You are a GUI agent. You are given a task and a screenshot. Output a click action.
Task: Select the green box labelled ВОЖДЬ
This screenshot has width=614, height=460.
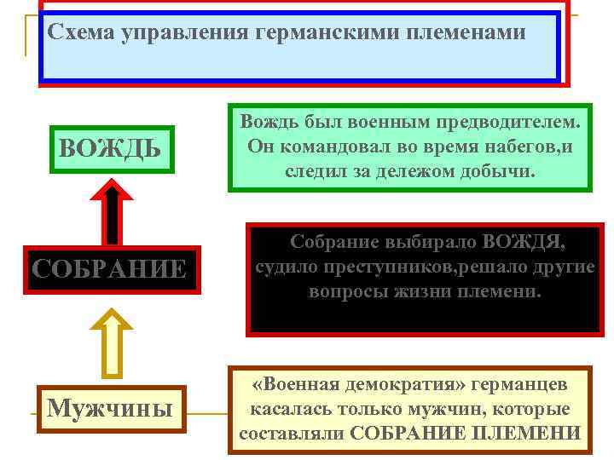click(x=110, y=149)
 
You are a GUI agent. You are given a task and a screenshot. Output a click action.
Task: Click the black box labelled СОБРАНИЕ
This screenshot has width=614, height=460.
click(x=109, y=269)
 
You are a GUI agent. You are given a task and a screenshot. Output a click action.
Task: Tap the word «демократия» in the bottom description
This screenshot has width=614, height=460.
click(x=403, y=384)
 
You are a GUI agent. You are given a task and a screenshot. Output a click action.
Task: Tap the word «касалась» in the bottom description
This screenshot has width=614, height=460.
click(x=283, y=409)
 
